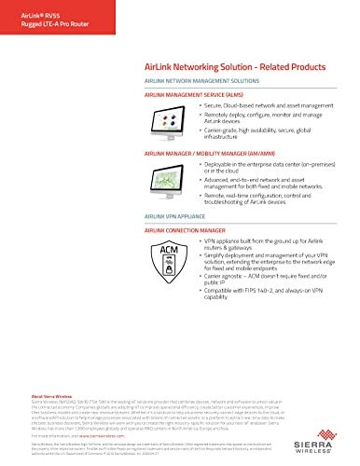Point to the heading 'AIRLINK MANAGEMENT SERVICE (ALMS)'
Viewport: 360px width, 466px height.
[194, 95]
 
